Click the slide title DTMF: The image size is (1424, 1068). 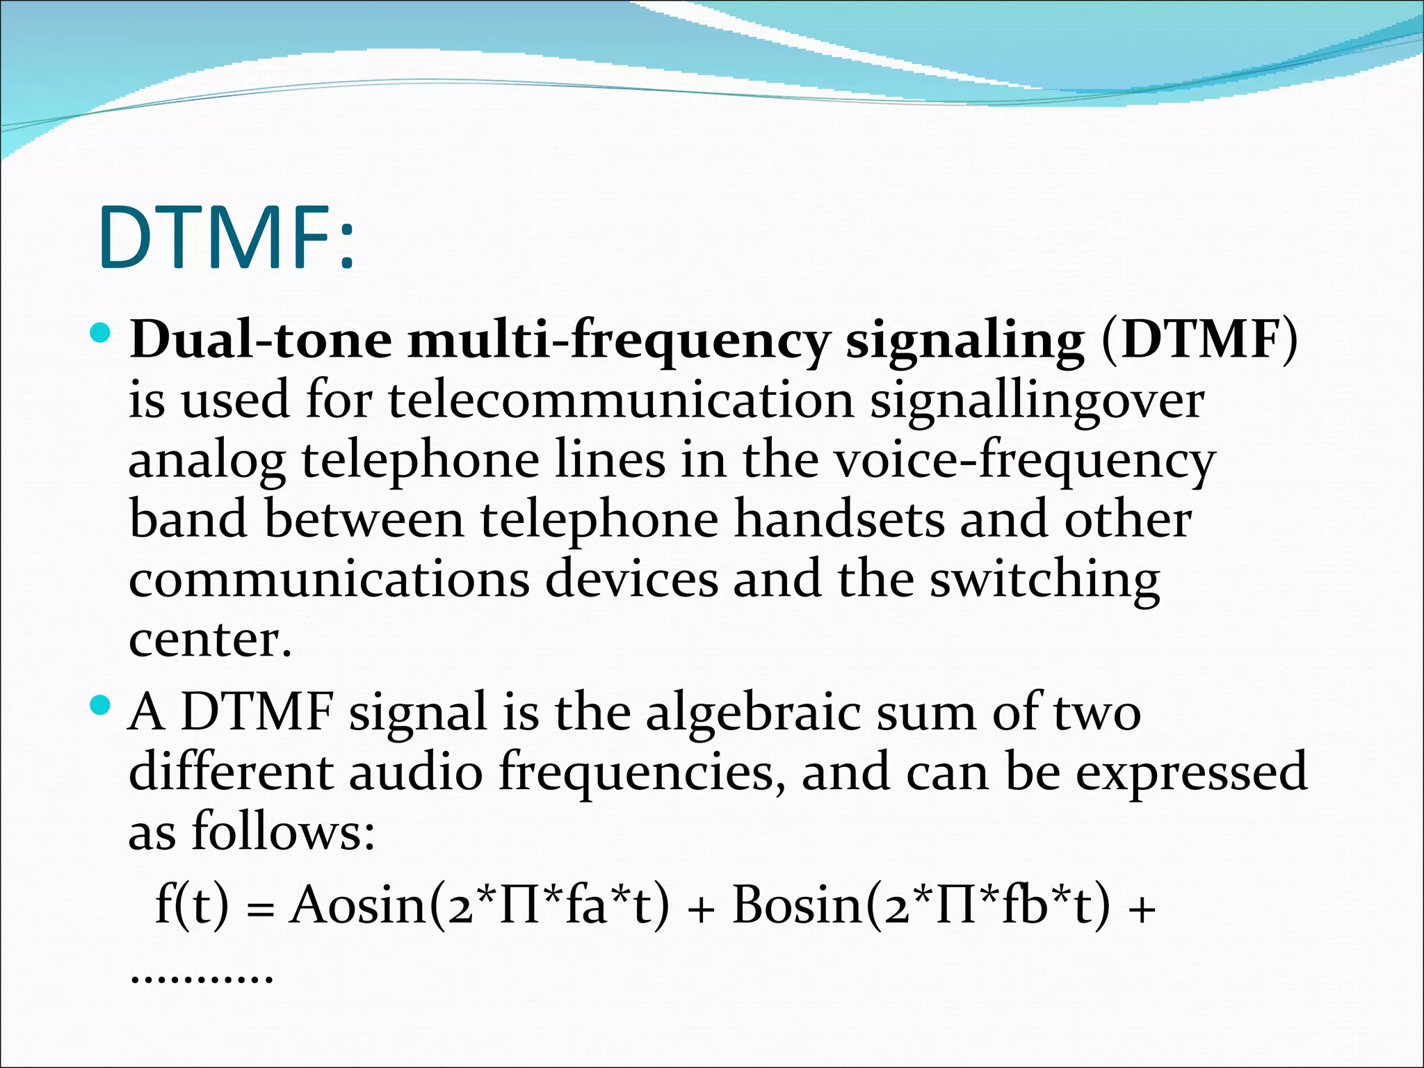[x=227, y=238]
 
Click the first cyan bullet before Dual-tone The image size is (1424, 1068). [x=101, y=333]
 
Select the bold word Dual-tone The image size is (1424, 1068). [x=261, y=341]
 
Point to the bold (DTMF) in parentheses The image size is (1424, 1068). [x=1199, y=341]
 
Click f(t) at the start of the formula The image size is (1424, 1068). [x=191, y=906]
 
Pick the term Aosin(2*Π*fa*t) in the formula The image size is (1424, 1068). [x=480, y=906]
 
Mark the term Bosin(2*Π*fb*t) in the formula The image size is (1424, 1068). [x=921, y=906]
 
